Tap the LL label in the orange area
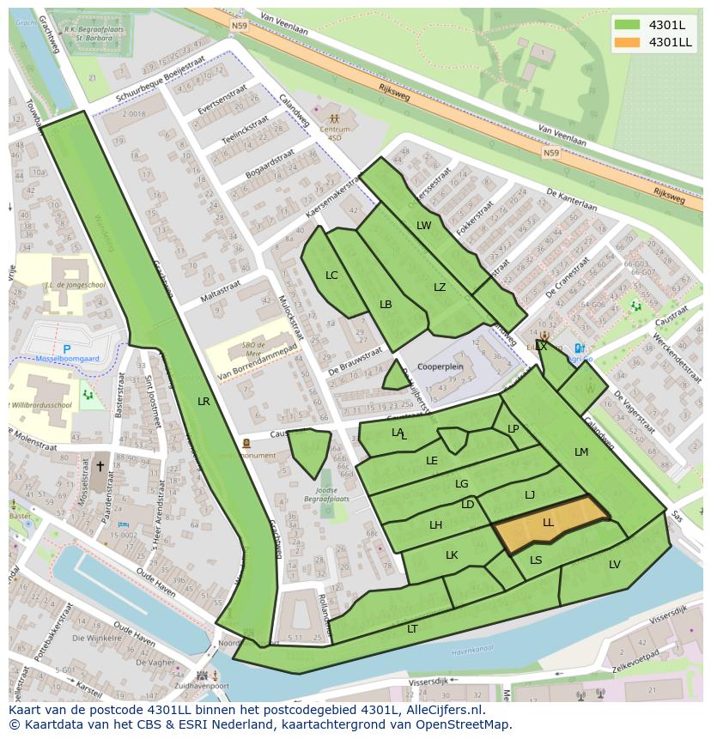[x=548, y=522]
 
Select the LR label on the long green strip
[x=204, y=401]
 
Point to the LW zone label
[x=424, y=226]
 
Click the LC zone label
[x=332, y=276]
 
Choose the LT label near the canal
[x=412, y=629]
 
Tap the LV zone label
[x=615, y=564]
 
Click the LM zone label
[x=581, y=452]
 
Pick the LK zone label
[x=452, y=555]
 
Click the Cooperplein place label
[x=440, y=366]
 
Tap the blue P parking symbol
[x=67, y=350]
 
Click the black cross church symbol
[x=100, y=467]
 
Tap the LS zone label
[x=536, y=560]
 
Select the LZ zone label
[x=440, y=288]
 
